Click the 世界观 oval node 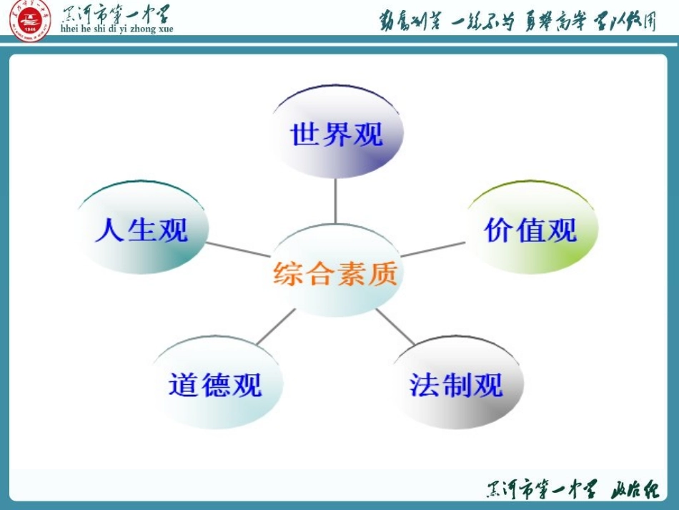point(337,133)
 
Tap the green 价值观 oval point(531,228)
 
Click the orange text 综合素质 point(335,273)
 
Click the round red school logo point(30,21)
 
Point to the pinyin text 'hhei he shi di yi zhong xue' point(118,29)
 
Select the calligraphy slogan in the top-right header point(517,21)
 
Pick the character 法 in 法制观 point(424,385)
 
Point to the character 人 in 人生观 point(110,230)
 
